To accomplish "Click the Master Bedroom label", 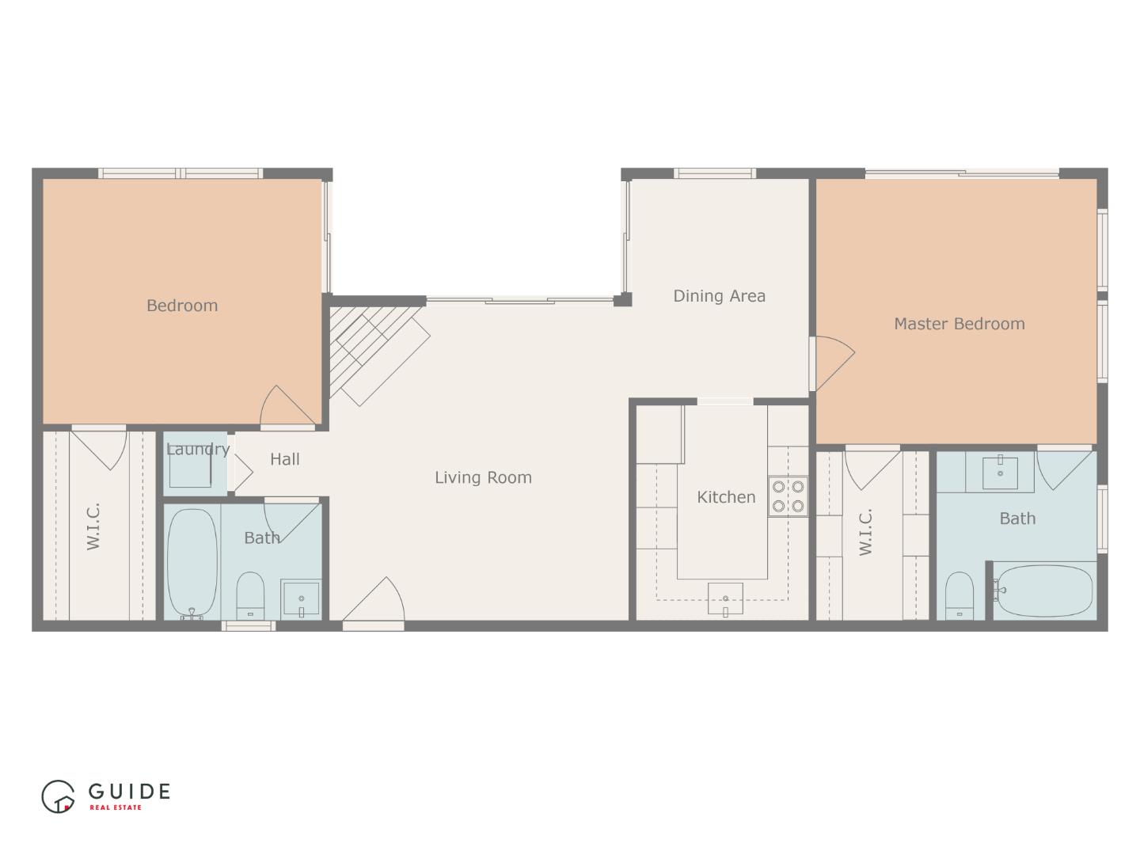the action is pyautogui.click(x=959, y=324).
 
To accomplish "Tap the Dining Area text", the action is pyautogui.click(x=719, y=296).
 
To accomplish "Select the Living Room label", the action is pyautogui.click(x=483, y=477).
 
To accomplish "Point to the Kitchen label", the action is pyautogui.click(x=725, y=497).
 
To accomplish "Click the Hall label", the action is pyautogui.click(x=285, y=459).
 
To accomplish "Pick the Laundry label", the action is pyautogui.click(x=197, y=450).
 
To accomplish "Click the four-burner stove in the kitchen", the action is pyautogui.click(x=788, y=496).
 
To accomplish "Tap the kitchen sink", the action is pyautogui.click(x=725, y=598).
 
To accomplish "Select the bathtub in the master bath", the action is pyautogui.click(x=1045, y=591).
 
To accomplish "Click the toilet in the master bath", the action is pyautogui.click(x=959, y=596).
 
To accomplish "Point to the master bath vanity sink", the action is pyautogui.click(x=1000, y=472).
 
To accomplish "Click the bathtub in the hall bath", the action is pyautogui.click(x=192, y=563).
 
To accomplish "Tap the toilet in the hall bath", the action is pyautogui.click(x=250, y=596).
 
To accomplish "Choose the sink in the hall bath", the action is pyautogui.click(x=302, y=599).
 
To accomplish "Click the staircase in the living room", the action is pyautogui.click(x=379, y=355).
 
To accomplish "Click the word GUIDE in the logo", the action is pyautogui.click(x=129, y=791).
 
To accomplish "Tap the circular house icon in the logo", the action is pyautogui.click(x=58, y=796).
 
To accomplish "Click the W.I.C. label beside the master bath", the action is pyautogui.click(x=865, y=533).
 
